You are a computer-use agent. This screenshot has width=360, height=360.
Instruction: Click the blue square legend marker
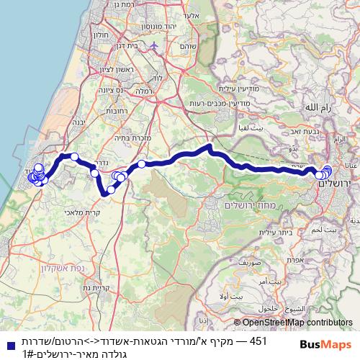9,344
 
